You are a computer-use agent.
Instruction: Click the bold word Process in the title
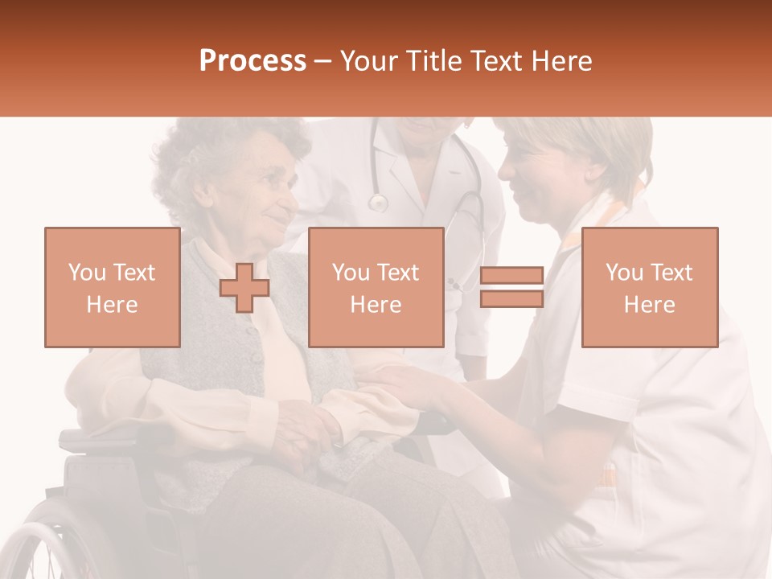[253, 61]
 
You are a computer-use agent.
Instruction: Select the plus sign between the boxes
[244, 287]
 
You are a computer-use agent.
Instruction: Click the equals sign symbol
[511, 287]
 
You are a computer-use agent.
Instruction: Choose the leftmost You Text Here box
[113, 287]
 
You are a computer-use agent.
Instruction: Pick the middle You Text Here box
[376, 287]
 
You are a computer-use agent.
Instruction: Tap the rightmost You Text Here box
[649, 287]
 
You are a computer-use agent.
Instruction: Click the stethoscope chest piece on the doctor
[377, 203]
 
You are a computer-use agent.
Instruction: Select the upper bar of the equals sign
[511, 276]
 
